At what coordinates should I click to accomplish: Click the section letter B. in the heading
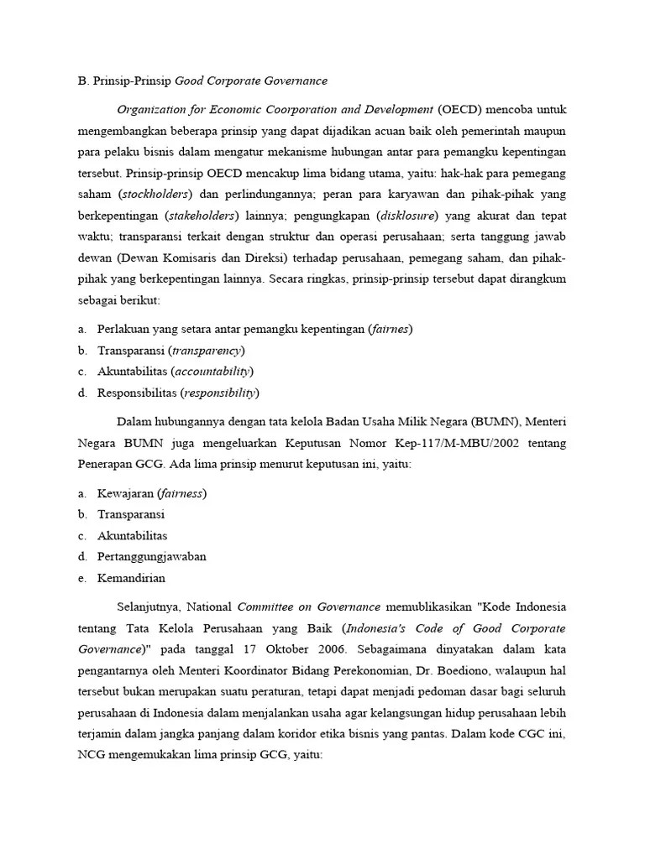tap(82, 81)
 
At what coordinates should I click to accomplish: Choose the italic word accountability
tap(214, 371)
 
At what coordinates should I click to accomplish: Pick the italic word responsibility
tap(221, 392)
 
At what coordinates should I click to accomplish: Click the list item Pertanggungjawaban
tap(152, 556)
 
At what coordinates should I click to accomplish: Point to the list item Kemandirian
tap(131, 577)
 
